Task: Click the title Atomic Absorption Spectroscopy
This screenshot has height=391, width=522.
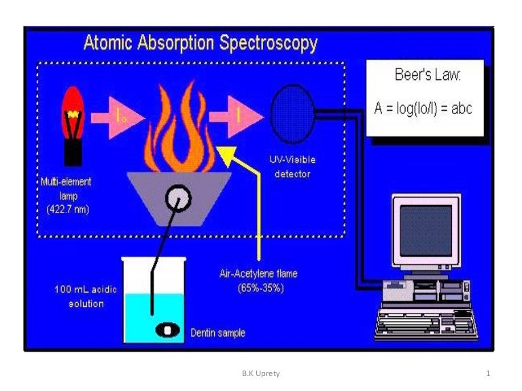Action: coord(200,43)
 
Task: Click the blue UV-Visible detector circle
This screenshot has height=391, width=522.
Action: coord(292,113)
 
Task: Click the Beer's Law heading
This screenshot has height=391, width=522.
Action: coord(428,75)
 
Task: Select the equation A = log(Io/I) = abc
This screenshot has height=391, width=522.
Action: coord(423,108)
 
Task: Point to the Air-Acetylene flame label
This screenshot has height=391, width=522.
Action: coord(258,280)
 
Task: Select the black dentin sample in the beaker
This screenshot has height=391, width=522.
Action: coord(167,329)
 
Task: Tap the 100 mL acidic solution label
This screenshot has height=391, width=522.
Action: coord(86,297)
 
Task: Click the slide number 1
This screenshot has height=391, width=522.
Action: coord(488,373)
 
